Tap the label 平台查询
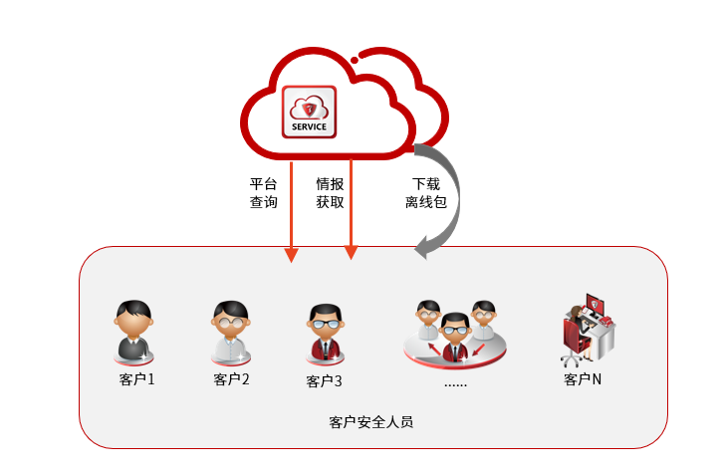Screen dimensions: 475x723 point(263,193)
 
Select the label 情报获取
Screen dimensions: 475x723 point(330,193)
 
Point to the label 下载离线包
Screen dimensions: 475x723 point(426,193)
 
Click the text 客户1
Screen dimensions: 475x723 point(136,379)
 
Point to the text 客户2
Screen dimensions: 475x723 point(231,379)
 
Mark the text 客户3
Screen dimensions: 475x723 point(325,381)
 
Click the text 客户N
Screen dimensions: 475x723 point(583,379)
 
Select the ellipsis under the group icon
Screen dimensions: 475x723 point(455,381)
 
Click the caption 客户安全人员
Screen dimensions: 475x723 point(370,421)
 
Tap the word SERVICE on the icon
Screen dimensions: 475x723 point(309,126)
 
